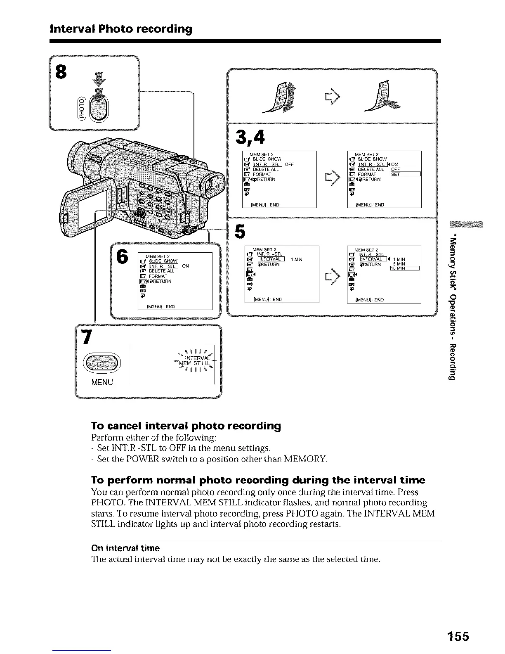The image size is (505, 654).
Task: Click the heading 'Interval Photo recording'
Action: (x=120, y=29)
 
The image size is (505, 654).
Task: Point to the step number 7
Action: (x=86, y=337)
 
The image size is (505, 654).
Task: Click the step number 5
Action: (x=239, y=231)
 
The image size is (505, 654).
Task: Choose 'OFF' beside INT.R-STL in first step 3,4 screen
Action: (x=289, y=164)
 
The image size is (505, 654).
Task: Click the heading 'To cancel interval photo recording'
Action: (x=186, y=426)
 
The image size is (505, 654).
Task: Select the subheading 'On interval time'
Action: (x=125, y=548)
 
